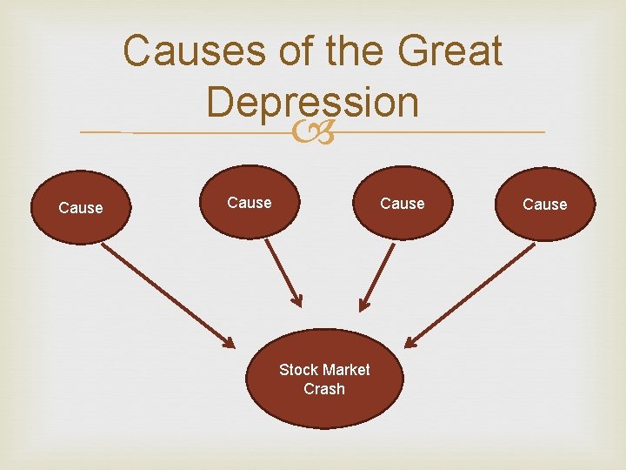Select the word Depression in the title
click(x=313, y=103)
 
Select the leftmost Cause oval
click(x=80, y=208)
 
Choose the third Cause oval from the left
click(x=403, y=204)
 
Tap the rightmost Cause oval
click(x=545, y=204)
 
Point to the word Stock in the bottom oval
click(x=297, y=370)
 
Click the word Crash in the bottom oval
click(x=323, y=389)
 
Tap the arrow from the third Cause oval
click(x=378, y=274)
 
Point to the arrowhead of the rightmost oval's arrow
click(x=410, y=339)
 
